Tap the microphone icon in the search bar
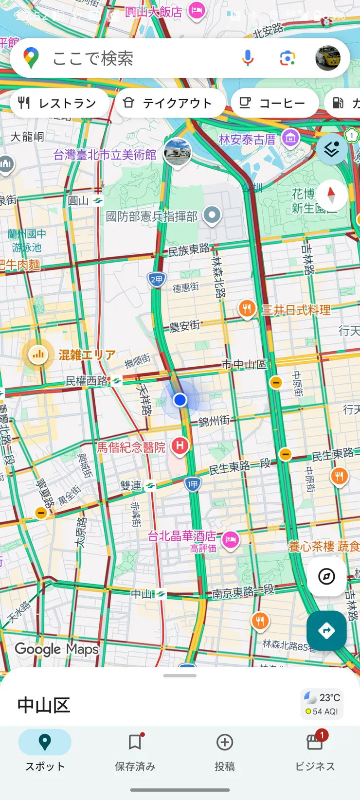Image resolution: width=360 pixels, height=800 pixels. (248, 58)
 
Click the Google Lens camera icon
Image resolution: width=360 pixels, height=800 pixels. (288, 58)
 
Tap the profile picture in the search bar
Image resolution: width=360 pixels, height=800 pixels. (327, 58)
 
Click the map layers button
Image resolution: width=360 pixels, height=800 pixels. (332, 149)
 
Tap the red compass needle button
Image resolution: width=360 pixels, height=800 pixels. (331, 195)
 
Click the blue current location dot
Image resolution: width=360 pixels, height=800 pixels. (180, 400)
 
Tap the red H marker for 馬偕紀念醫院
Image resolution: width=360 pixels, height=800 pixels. (180, 445)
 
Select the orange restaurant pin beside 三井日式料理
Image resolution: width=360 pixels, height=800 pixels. (247, 308)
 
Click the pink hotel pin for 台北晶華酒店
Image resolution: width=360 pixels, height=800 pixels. (231, 539)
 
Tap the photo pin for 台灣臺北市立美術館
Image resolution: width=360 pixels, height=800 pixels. (177, 151)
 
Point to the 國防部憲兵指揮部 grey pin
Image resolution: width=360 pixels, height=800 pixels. (212, 215)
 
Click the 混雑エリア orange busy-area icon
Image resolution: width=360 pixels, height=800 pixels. (38, 355)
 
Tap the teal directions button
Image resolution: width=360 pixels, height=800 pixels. (326, 631)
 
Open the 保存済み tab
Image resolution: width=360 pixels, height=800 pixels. (135, 751)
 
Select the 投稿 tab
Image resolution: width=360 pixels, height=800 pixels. (224, 751)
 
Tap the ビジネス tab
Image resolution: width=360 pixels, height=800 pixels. (315, 751)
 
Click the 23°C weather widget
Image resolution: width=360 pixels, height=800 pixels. (322, 704)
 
